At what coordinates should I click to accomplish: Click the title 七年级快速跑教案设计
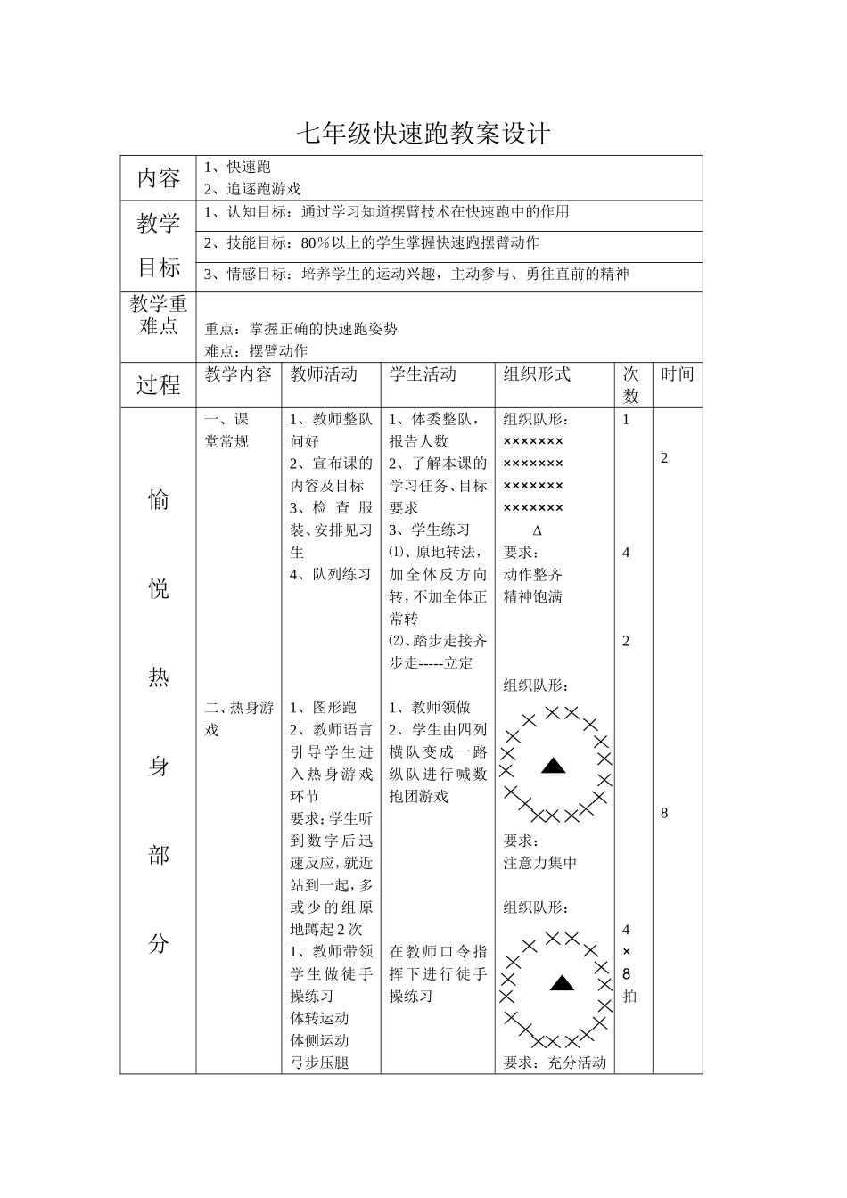pyautogui.click(x=423, y=135)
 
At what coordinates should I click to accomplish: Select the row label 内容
pyautogui.click(x=159, y=177)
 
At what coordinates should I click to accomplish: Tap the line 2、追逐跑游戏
pyautogui.click(x=252, y=188)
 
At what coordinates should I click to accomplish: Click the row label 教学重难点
pyautogui.click(x=159, y=315)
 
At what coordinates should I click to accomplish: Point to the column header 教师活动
pyautogui.click(x=324, y=374)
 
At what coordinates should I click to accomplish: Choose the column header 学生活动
pyautogui.click(x=423, y=374)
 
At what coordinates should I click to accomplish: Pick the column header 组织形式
pyautogui.click(x=537, y=374)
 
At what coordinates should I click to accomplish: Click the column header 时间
pyautogui.click(x=677, y=374)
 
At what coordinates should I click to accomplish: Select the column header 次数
pyautogui.click(x=630, y=385)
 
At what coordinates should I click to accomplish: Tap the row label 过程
pyautogui.click(x=159, y=385)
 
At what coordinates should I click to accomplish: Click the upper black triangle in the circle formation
pyautogui.click(x=554, y=765)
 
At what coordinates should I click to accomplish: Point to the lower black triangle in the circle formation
pyautogui.click(x=561, y=983)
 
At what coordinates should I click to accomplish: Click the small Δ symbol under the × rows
pyautogui.click(x=537, y=530)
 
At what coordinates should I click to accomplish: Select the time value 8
pyautogui.click(x=664, y=813)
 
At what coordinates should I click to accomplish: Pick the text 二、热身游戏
pyautogui.click(x=238, y=718)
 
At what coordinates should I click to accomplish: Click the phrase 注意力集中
pyautogui.click(x=540, y=863)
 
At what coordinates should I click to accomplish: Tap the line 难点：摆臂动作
pyautogui.click(x=256, y=351)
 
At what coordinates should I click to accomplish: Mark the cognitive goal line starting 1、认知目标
pyautogui.click(x=386, y=212)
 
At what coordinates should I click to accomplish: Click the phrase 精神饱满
pyautogui.click(x=532, y=596)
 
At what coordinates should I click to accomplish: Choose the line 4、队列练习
pyautogui.click(x=330, y=574)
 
